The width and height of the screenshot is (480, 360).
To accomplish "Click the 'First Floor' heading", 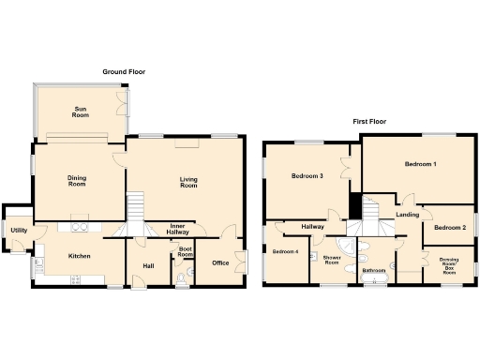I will [x=371, y=122].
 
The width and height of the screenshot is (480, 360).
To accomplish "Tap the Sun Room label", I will [x=80, y=113].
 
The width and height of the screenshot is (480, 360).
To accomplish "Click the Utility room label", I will [x=18, y=230].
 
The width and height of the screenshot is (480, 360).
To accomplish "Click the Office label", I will [x=220, y=263].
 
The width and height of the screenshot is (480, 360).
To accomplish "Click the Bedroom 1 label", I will [x=420, y=165].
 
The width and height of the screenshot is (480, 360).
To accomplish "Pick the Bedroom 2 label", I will [x=450, y=227].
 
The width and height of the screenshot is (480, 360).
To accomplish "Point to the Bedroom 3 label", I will [x=307, y=176].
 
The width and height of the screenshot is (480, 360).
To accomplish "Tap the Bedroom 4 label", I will [x=286, y=251].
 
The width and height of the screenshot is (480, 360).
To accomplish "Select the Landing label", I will [x=408, y=215].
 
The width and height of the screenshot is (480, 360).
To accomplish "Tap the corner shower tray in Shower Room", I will [x=348, y=247].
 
